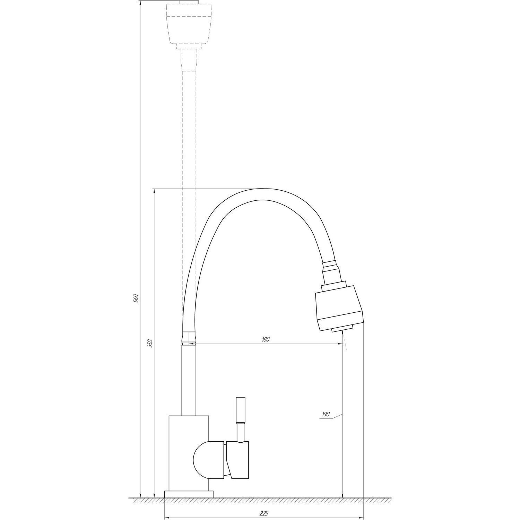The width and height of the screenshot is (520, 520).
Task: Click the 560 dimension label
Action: point(136,298)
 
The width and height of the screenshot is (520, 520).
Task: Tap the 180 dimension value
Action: point(265,339)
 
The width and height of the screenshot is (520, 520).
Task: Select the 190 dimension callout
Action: point(326,414)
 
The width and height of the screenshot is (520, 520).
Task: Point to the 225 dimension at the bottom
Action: point(264,513)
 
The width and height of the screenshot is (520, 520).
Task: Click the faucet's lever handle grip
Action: point(241,409)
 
